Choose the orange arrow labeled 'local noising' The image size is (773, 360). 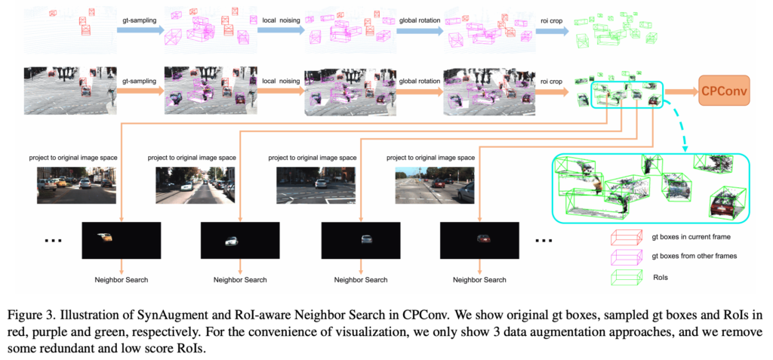(279, 91)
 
